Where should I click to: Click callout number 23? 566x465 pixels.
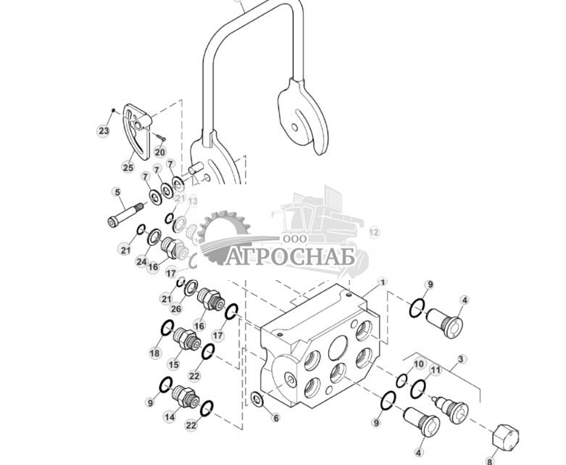pos(104,131)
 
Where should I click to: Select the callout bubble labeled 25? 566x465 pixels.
pos(128,168)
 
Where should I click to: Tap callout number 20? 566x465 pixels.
pos(159,152)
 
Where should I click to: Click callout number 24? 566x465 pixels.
pos(141,261)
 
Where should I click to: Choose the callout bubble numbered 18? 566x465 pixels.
pos(154,353)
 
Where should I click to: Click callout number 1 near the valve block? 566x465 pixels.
pos(383,281)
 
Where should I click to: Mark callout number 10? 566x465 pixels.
pos(419,363)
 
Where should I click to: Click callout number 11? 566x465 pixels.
pos(435,371)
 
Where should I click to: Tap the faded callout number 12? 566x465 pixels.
pos(374,232)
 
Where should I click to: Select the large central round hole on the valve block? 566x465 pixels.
pos(337,350)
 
